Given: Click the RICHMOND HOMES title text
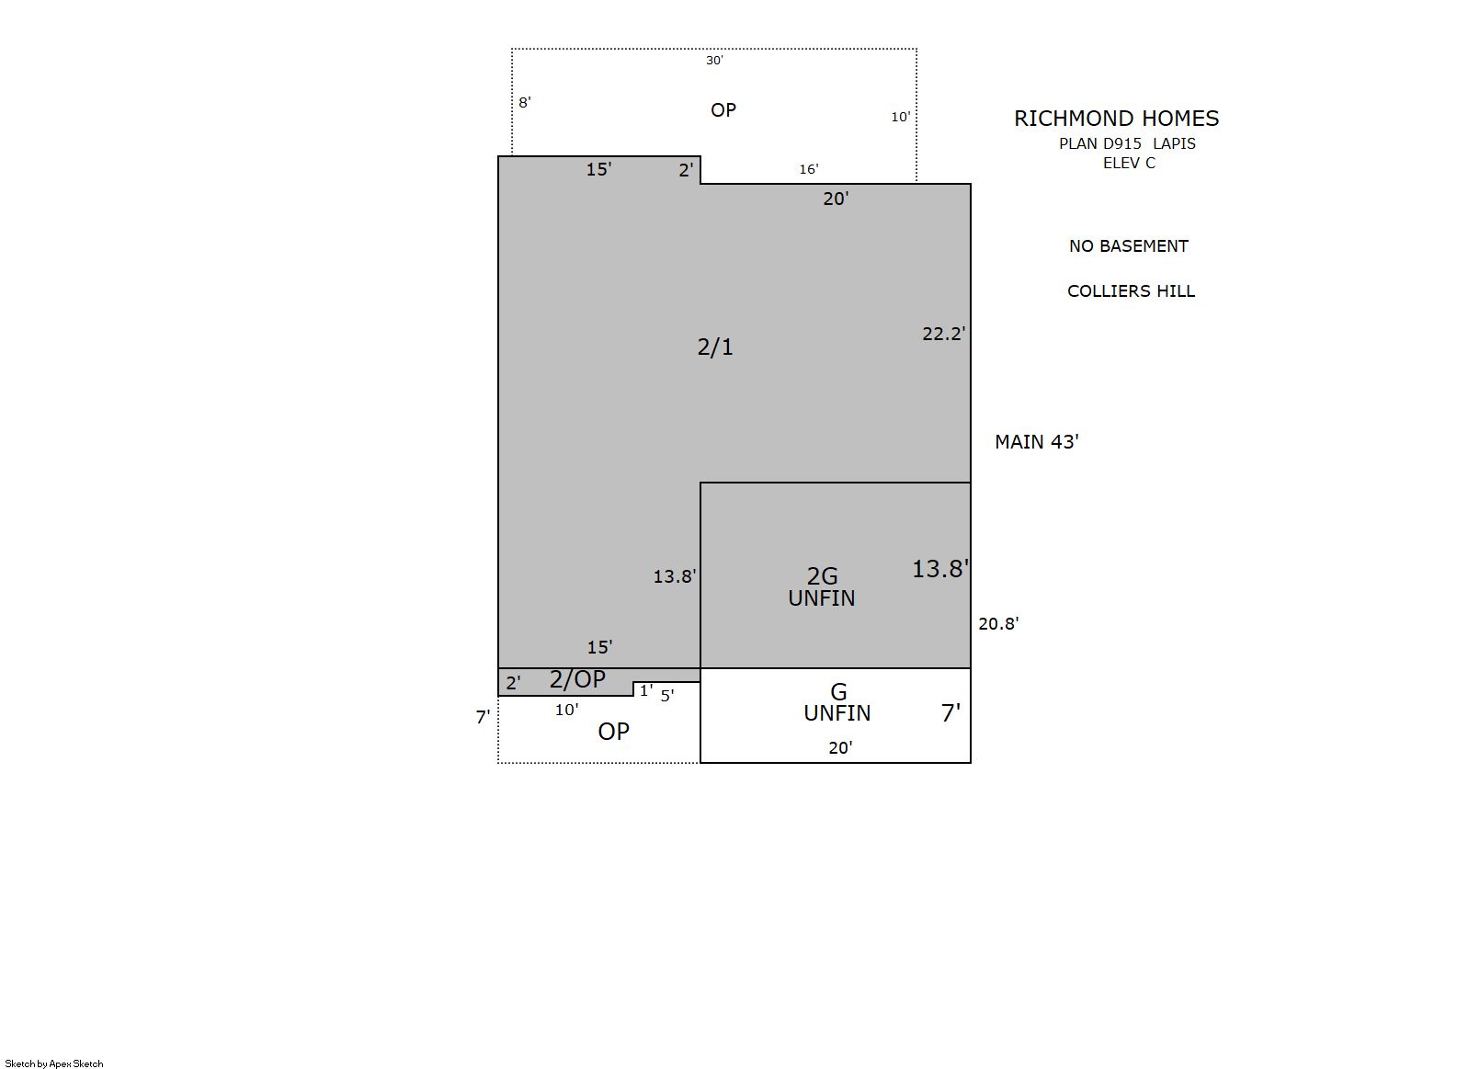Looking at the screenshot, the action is coord(1116,119).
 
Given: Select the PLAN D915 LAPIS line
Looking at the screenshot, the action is coord(1127,143).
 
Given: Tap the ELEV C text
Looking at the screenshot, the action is coord(1129,164).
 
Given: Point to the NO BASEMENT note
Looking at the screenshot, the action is coord(1129,245).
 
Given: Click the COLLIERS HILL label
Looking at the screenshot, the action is coord(1131,291).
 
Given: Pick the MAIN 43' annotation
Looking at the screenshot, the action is coord(1037,442).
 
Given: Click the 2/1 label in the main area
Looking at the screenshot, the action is coord(715,347).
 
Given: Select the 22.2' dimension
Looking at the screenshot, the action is coord(944,334).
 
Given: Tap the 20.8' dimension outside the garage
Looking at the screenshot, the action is coord(998,623).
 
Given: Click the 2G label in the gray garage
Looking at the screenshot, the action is coord(822,576).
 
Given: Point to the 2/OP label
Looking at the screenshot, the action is coord(577,679).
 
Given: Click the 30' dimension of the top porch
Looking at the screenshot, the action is coord(715,61).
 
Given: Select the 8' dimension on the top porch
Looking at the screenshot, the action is coord(525,102).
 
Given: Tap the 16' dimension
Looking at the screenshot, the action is coord(809,169).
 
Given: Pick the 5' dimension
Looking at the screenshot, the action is coord(667,696).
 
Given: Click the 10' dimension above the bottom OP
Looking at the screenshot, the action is coord(566,711).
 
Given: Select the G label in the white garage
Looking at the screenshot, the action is coord(839,692).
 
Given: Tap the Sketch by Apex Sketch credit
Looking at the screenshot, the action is coord(54,1063).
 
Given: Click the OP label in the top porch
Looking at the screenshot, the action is coord(723,110).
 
